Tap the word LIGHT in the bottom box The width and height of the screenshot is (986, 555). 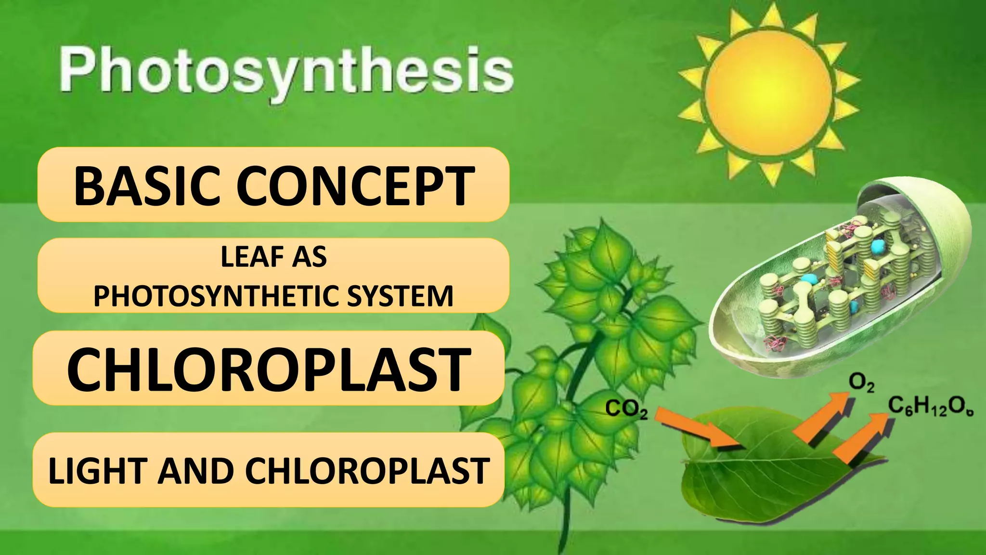(x=97, y=471)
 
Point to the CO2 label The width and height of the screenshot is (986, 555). (x=626, y=410)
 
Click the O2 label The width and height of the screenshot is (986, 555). (x=861, y=383)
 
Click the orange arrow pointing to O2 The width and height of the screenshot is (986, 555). (x=824, y=417)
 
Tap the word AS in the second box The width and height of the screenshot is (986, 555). (x=311, y=257)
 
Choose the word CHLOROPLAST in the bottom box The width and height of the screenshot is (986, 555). (x=368, y=471)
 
